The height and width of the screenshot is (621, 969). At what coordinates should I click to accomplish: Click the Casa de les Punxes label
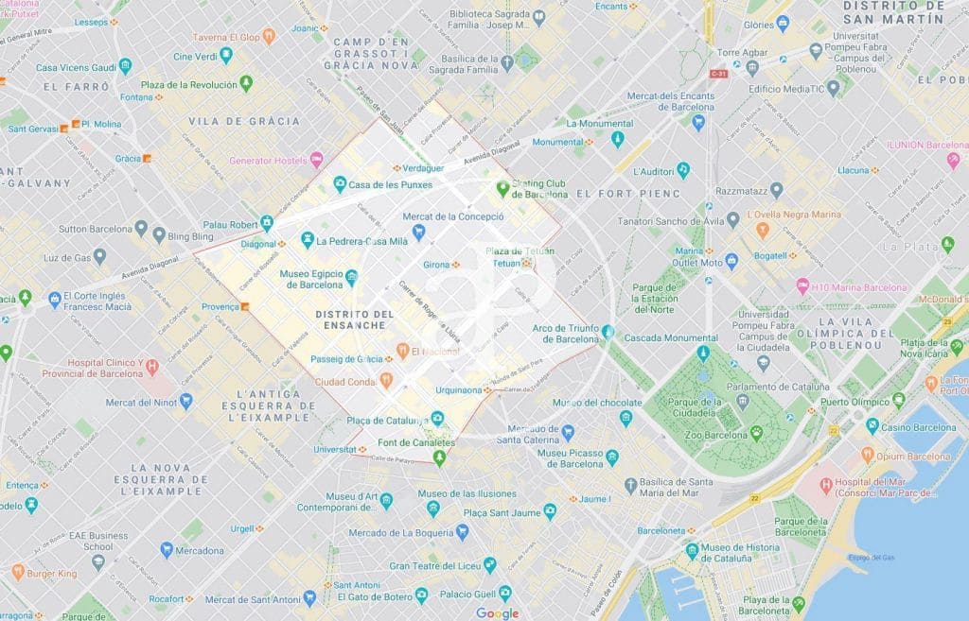click(390, 184)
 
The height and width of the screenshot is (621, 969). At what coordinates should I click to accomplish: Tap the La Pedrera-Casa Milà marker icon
click(307, 240)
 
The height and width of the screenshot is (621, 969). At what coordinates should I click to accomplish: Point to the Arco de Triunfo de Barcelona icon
click(608, 332)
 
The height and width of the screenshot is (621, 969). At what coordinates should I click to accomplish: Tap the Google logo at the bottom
click(497, 613)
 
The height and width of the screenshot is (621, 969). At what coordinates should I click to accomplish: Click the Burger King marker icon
click(18, 572)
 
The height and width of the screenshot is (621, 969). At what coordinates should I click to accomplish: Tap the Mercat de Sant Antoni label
click(253, 598)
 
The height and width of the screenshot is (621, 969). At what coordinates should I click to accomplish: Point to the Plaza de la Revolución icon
click(246, 84)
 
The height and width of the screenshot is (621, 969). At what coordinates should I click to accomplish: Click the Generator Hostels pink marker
click(316, 160)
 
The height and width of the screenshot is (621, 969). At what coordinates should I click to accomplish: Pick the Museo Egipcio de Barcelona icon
click(351, 277)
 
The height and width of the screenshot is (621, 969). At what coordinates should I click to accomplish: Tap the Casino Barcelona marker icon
click(872, 426)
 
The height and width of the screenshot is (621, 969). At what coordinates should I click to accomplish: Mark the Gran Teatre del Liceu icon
click(489, 564)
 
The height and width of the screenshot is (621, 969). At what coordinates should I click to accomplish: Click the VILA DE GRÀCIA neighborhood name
click(244, 121)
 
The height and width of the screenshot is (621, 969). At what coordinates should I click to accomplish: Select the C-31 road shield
click(720, 73)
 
